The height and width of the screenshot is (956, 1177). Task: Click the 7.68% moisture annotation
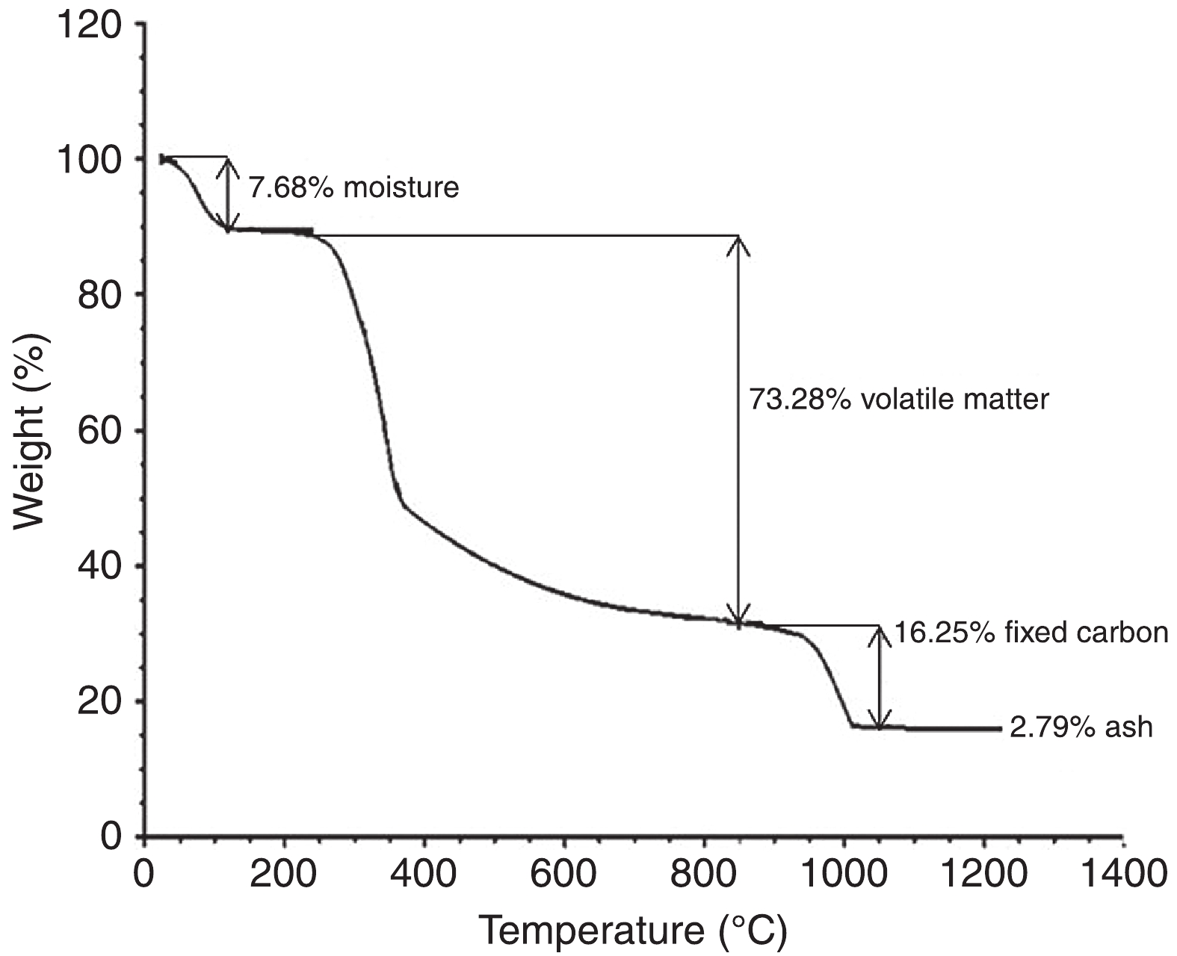tap(353, 187)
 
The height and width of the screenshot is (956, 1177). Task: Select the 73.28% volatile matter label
tap(899, 399)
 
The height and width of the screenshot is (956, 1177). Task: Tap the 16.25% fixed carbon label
tap(1031, 633)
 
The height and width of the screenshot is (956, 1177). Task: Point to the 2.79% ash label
tap(1081, 727)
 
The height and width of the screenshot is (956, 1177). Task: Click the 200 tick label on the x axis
tap(284, 874)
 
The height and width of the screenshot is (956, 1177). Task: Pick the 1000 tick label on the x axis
tap(843, 874)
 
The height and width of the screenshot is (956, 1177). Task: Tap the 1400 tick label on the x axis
tap(1121, 874)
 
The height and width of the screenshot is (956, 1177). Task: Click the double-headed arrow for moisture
tap(228, 194)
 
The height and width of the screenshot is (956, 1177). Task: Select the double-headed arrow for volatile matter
tap(738, 429)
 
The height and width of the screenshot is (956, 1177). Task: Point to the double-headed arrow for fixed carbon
tap(880, 677)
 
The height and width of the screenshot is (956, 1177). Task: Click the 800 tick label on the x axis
tap(704, 874)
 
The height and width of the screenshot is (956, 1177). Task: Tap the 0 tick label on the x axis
tap(143, 874)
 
